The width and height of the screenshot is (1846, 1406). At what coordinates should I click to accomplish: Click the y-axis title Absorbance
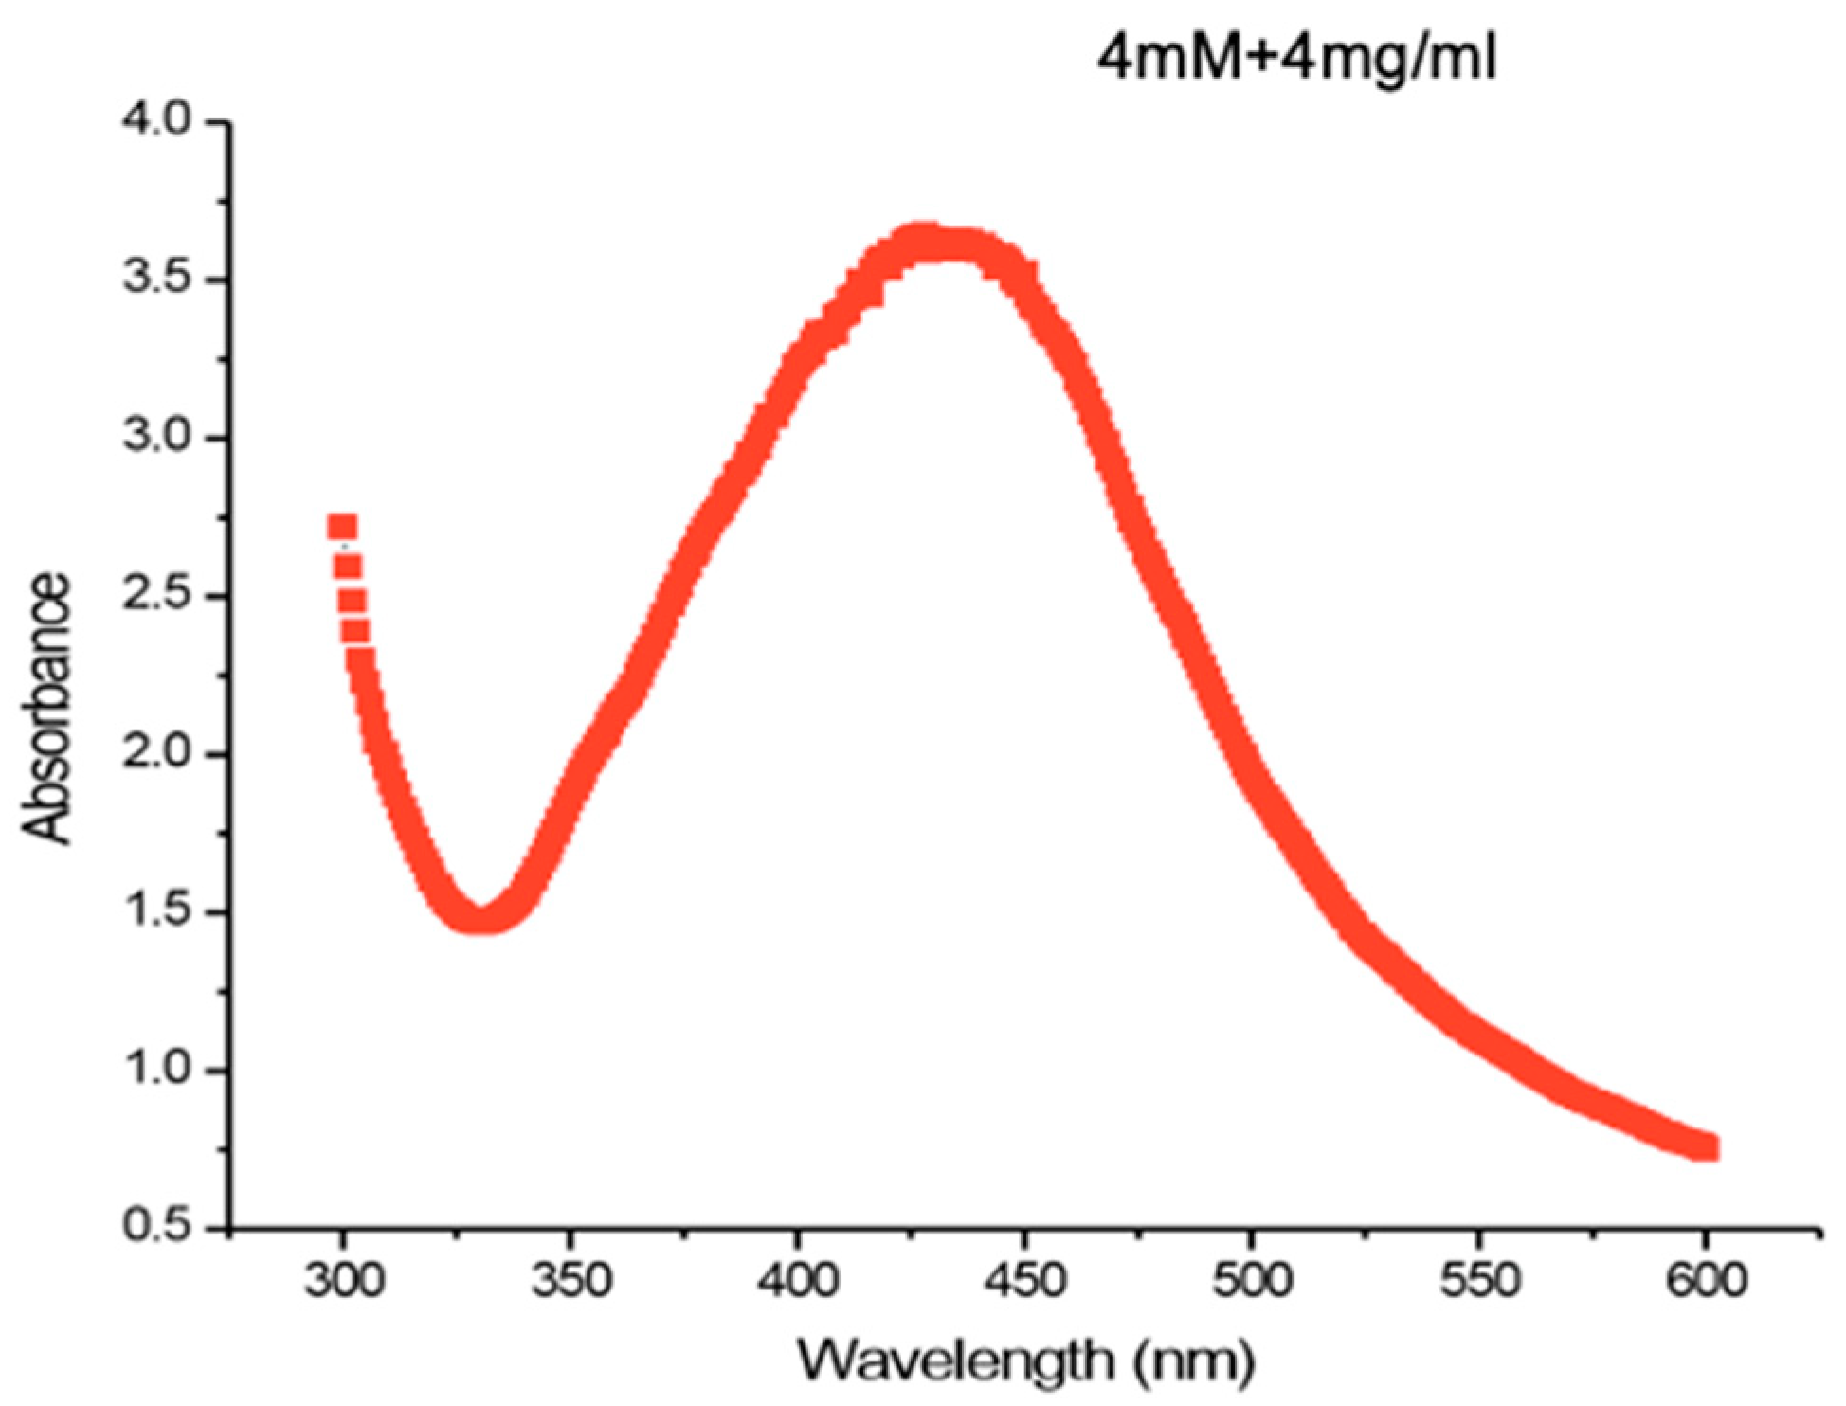(x=47, y=708)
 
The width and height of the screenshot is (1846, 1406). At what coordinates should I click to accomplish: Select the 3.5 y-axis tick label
(x=157, y=280)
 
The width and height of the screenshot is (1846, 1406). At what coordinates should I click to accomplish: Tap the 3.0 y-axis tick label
(x=157, y=439)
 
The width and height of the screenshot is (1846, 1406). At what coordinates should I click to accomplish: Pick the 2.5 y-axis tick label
(x=157, y=597)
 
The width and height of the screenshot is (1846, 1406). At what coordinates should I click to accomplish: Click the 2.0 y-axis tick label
(x=157, y=755)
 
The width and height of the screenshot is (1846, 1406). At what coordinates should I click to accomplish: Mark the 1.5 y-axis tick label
(x=157, y=912)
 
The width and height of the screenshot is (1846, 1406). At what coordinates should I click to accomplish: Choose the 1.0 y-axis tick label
(x=157, y=1071)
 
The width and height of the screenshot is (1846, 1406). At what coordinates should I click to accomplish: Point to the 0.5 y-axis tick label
(x=157, y=1227)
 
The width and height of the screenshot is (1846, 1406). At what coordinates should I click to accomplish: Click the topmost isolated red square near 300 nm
(x=342, y=526)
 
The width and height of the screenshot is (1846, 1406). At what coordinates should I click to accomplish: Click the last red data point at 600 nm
(x=1706, y=1148)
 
